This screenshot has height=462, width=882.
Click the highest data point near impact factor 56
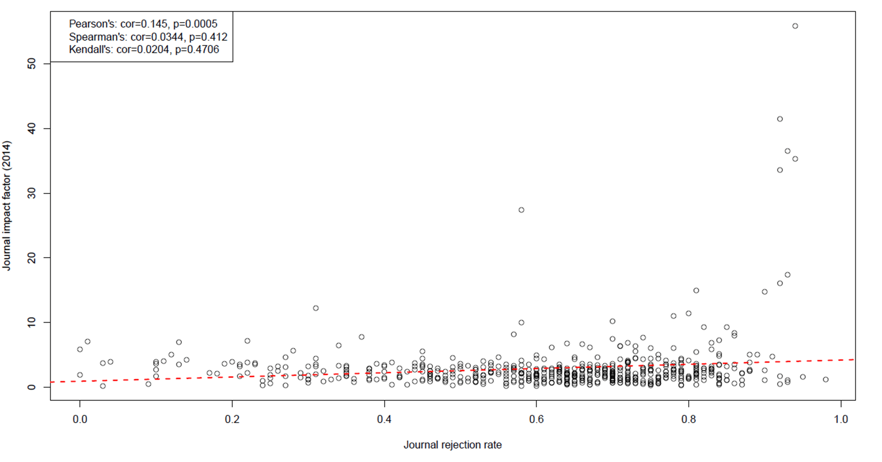click(x=795, y=26)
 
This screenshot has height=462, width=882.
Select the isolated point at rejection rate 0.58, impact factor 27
click(x=521, y=210)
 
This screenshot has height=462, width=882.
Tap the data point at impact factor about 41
click(x=780, y=119)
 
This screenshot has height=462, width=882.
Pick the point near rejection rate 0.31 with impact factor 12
click(x=316, y=308)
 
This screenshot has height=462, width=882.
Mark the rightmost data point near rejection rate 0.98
click(x=825, y=379)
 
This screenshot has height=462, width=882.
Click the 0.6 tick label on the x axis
click(x=536, y=419)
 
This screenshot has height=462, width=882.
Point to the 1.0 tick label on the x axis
click(x=840, y=419)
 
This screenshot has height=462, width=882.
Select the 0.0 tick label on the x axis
click(x=80, y=419)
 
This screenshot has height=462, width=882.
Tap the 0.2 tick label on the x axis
click(x=232, y=419)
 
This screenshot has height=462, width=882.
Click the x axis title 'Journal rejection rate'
click(x=452, y=445)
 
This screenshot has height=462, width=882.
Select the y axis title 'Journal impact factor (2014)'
click(x=7, y=205)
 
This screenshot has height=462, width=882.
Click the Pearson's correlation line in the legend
click(x=143, y=24)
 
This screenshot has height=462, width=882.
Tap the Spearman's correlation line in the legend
click(x=148, y=37)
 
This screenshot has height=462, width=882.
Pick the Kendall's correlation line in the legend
click(x=144, y=50)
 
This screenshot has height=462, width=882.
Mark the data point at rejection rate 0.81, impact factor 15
click(x=696, y=290)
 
